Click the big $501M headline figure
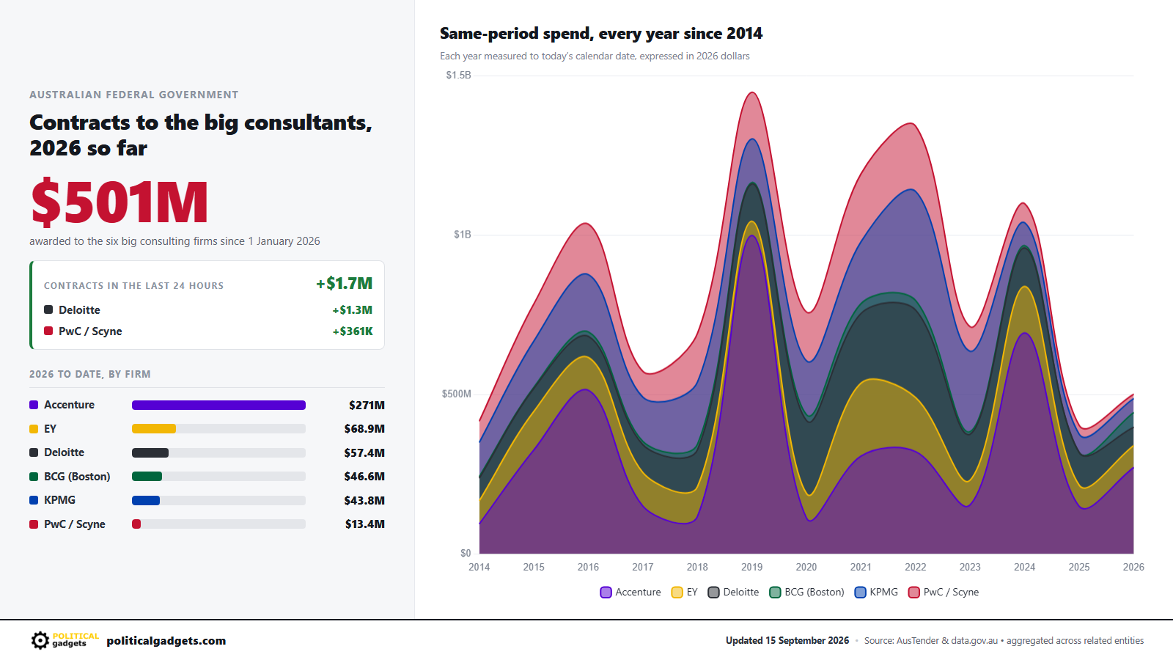coord(119,202)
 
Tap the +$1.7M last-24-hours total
coord(344,283)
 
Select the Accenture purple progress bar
coord(218,405)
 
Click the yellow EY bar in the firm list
coord(154,429)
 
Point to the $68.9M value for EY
coord(364,429)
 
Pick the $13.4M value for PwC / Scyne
coord(364,524)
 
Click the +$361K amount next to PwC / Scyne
coord(353,331)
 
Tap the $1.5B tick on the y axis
coord(458,76)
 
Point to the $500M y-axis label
coord(457,394)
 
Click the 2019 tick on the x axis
coord(752,568)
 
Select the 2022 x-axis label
coord(916,568)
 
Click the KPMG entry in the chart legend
coord(876,593)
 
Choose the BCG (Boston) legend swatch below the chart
coord(775,593)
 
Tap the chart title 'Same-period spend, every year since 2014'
coord(601,34)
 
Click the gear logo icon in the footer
coord(40,641)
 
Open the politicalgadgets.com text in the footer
coord(166,641)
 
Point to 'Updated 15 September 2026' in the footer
coord(787,641)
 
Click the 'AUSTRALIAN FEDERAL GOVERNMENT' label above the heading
coord(133,95)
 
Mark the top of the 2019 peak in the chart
coord(752,92)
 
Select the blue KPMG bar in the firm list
coord(146,500)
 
